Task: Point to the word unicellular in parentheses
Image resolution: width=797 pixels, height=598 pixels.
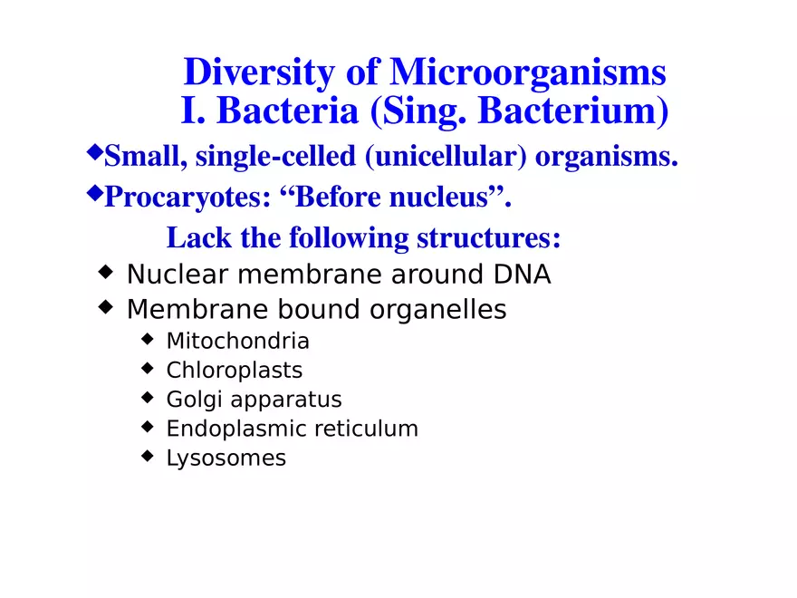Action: tap(447, 157)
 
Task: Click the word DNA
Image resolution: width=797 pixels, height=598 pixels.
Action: tap(522, 275)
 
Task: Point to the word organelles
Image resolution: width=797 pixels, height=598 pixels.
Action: tap(439, 310)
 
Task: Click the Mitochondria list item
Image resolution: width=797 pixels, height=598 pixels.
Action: tap(237, 342)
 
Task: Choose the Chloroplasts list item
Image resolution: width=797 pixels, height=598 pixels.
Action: tap(234, 371)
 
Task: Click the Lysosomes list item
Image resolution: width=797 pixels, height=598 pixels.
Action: tap(226, 458)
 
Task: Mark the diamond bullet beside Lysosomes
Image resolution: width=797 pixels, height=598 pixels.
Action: tap(148, 456)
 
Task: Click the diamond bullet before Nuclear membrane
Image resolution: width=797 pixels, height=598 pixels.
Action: tap(106, 272)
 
